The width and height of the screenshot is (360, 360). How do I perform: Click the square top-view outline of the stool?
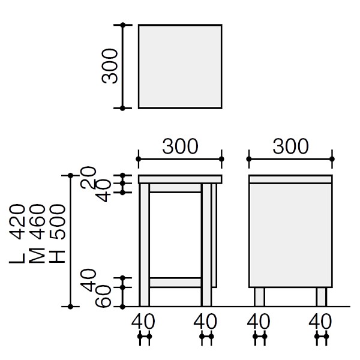180,67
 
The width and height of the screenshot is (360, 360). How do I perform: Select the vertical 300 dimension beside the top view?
110,67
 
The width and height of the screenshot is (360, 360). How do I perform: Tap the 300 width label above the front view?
180,146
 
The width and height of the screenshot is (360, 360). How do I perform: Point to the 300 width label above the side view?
290,146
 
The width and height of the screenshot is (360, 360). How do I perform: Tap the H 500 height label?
56,234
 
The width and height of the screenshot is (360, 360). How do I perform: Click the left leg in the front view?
144,246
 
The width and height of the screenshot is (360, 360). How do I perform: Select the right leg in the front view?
206,246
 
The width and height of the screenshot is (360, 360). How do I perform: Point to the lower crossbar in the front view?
175,282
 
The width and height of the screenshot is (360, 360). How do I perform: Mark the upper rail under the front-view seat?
175,188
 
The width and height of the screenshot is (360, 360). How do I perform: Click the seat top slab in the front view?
180,179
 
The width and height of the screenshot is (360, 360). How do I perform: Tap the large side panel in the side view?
290,234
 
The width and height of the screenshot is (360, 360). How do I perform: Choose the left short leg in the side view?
259,296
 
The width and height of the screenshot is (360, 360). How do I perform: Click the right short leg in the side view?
322,296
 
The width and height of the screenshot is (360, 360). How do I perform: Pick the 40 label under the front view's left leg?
144,321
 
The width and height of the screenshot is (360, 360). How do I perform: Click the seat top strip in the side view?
290,179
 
